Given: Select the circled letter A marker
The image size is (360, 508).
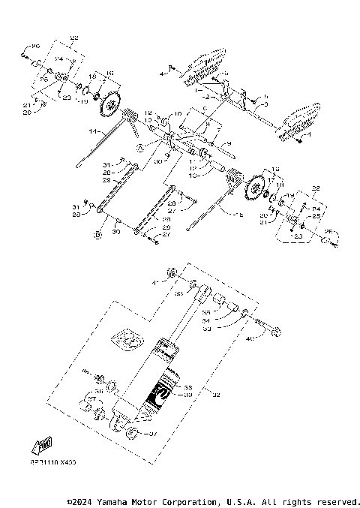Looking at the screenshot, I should (x=140, y=149).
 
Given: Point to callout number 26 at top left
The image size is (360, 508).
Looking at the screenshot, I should (x=34, y=46).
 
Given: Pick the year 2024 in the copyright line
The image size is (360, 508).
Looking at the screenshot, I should (x=85, y=501).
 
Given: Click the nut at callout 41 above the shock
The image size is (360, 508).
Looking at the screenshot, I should (x=172, y=271).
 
